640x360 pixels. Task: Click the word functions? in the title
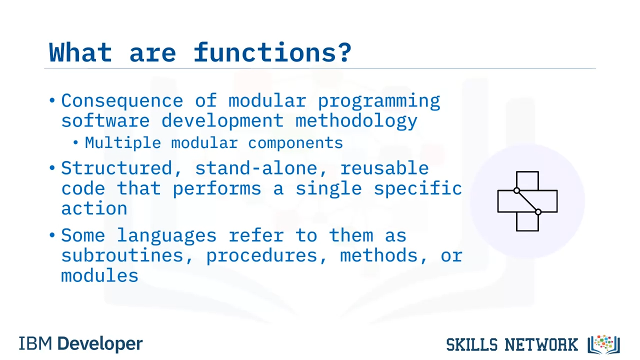[272, 52]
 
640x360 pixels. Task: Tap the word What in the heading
[80, 52]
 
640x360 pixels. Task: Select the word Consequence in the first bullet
[122, 100]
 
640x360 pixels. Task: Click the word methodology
[356, 121]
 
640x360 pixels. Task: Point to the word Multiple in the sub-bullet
[123, 142]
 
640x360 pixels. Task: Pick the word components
[295, 143]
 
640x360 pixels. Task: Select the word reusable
[384, 168]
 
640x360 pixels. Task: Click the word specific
[417, 188]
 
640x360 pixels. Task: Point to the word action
[94, 208]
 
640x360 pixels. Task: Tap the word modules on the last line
[99, 275]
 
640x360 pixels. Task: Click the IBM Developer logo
[80, 343]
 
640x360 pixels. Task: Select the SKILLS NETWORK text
[512, 345]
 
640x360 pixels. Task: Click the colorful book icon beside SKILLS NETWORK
[603, 344]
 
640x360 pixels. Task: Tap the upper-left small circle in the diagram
[516, 190]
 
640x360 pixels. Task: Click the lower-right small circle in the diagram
[538, 212]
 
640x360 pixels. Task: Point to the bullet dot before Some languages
[52, 235]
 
